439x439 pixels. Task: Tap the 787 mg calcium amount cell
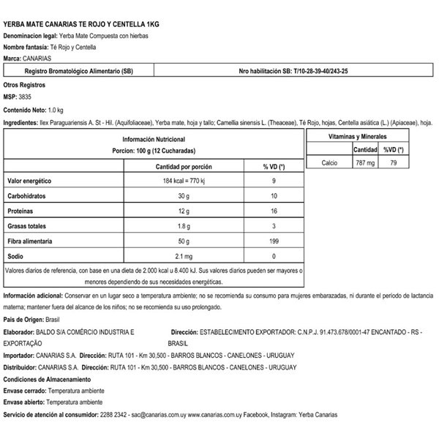pyautogui.click(x=365, y=164)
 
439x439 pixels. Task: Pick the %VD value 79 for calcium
pyautogui.click(x=394, y=164)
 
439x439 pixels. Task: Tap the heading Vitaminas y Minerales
pyautogui.click(x=361, y=137)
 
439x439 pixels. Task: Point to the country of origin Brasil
pyautogui.click(x=53, y=320)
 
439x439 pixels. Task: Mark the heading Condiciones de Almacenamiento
pyautogui.click(x=47, y=379)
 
